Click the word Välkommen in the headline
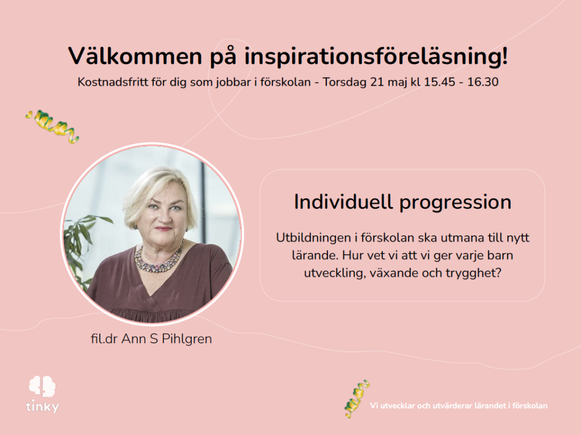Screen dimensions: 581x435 tap(135, 56)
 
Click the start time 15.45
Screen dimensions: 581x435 tap(440, 82)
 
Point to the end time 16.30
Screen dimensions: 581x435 tap(483, 82)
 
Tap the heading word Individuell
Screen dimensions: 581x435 tap(343, 202)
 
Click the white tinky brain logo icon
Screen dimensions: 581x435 tap(42, 386)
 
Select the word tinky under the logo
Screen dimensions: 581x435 tap(43, 407)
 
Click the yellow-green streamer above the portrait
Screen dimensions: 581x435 tap(52, 126)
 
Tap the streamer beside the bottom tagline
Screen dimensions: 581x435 tap(357, 399)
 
